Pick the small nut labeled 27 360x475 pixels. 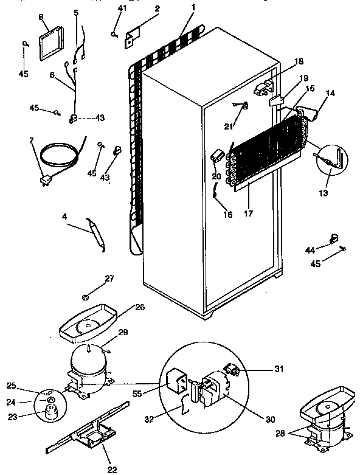coord(86,297)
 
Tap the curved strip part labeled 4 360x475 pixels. coord(95,232)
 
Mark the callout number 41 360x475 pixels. coord(122,8)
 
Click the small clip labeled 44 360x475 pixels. coord(333,238)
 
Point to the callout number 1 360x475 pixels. coord(193,7)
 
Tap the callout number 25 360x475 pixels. coord(11,386)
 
